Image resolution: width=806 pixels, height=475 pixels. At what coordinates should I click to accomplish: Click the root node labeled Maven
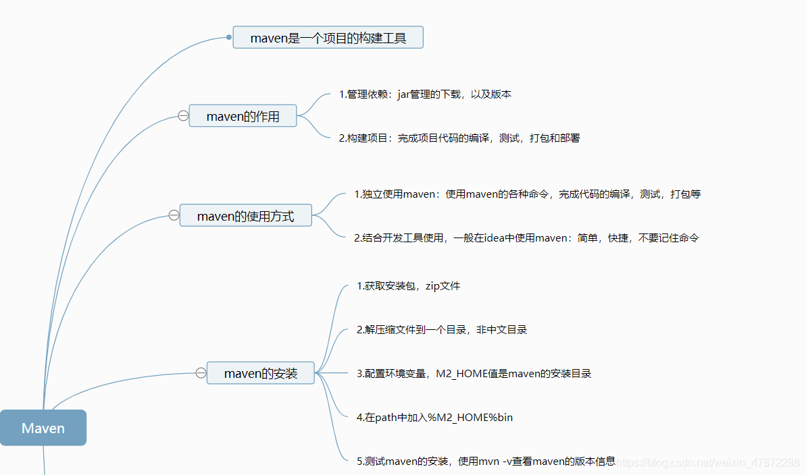point(43,428)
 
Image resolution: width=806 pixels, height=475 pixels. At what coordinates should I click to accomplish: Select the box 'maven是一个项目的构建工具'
point(328,38)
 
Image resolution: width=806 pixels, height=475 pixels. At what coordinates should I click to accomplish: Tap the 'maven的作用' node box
point(243,116)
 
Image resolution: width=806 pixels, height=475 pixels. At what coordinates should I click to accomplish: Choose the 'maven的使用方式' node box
point(245,216)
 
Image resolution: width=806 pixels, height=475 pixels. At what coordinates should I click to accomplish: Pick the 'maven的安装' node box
point(260,372)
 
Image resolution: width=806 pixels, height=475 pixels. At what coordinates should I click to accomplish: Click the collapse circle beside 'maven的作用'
point(183,115)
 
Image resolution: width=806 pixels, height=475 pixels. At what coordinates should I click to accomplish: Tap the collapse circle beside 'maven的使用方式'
point(174,215)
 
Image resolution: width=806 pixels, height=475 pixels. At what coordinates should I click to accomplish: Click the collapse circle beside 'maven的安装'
point(201,372)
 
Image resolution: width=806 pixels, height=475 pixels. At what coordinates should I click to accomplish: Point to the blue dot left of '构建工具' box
point(229,37)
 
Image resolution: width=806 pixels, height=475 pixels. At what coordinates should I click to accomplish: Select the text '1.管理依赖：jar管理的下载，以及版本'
point(425,94)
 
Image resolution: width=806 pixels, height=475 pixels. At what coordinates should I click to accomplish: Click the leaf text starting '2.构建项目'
point(459,138)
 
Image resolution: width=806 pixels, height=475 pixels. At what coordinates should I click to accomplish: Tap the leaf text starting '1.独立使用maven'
point(527,194)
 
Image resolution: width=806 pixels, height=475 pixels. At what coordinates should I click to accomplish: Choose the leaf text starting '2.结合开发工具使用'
point(526,237)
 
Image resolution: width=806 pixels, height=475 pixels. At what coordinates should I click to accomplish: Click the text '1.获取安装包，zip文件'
point(408,286)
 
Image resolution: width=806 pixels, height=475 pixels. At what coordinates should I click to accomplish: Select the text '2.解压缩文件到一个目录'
point(442,330)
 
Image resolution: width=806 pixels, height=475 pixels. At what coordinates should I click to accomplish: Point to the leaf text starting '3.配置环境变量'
point(474,373)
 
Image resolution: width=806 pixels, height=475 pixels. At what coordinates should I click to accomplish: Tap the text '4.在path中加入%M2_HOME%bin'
point(434,418)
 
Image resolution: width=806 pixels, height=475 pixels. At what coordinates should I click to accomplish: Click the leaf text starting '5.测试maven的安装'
point(486,462)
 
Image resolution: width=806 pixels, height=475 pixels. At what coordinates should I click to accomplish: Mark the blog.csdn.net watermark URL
point(709,463)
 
